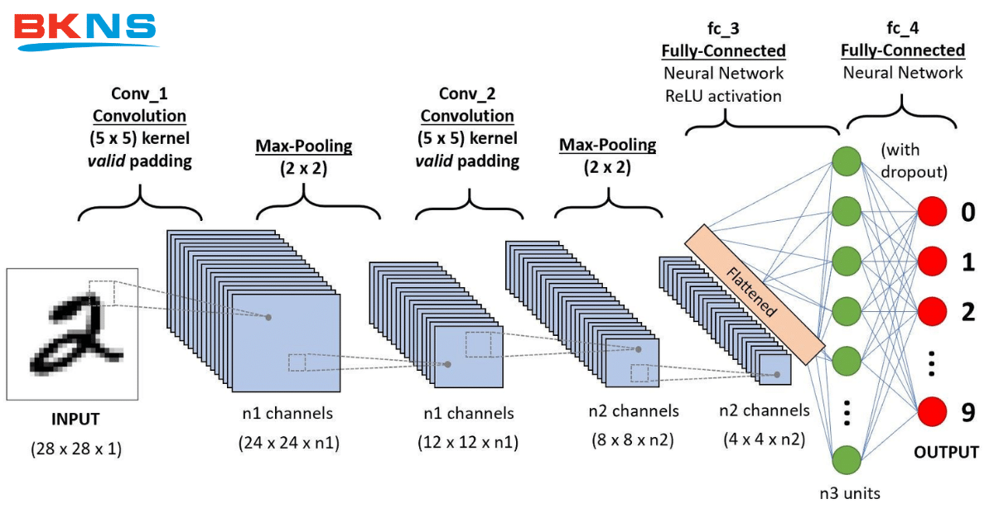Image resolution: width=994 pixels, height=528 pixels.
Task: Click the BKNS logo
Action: click(85, 29)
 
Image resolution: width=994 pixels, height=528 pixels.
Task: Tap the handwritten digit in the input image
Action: click(70, 331)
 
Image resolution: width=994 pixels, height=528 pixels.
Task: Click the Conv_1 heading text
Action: click(139, 94)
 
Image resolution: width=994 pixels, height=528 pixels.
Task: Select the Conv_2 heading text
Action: click(467, 94)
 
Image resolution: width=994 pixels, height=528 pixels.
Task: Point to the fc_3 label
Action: click(723, 29)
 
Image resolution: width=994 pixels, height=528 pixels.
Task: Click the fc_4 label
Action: click(902, 29)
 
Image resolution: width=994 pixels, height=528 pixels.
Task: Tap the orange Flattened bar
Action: click(755, 294)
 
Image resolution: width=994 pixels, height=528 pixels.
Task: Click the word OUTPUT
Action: click(946, 453)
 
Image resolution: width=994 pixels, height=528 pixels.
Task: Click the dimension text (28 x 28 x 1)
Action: click(76, 449)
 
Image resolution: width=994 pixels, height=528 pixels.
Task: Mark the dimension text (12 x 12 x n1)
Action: click(468, 442)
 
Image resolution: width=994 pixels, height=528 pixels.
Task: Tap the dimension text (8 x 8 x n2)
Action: click(634, 440)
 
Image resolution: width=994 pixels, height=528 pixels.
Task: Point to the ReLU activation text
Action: click(723, 96)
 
